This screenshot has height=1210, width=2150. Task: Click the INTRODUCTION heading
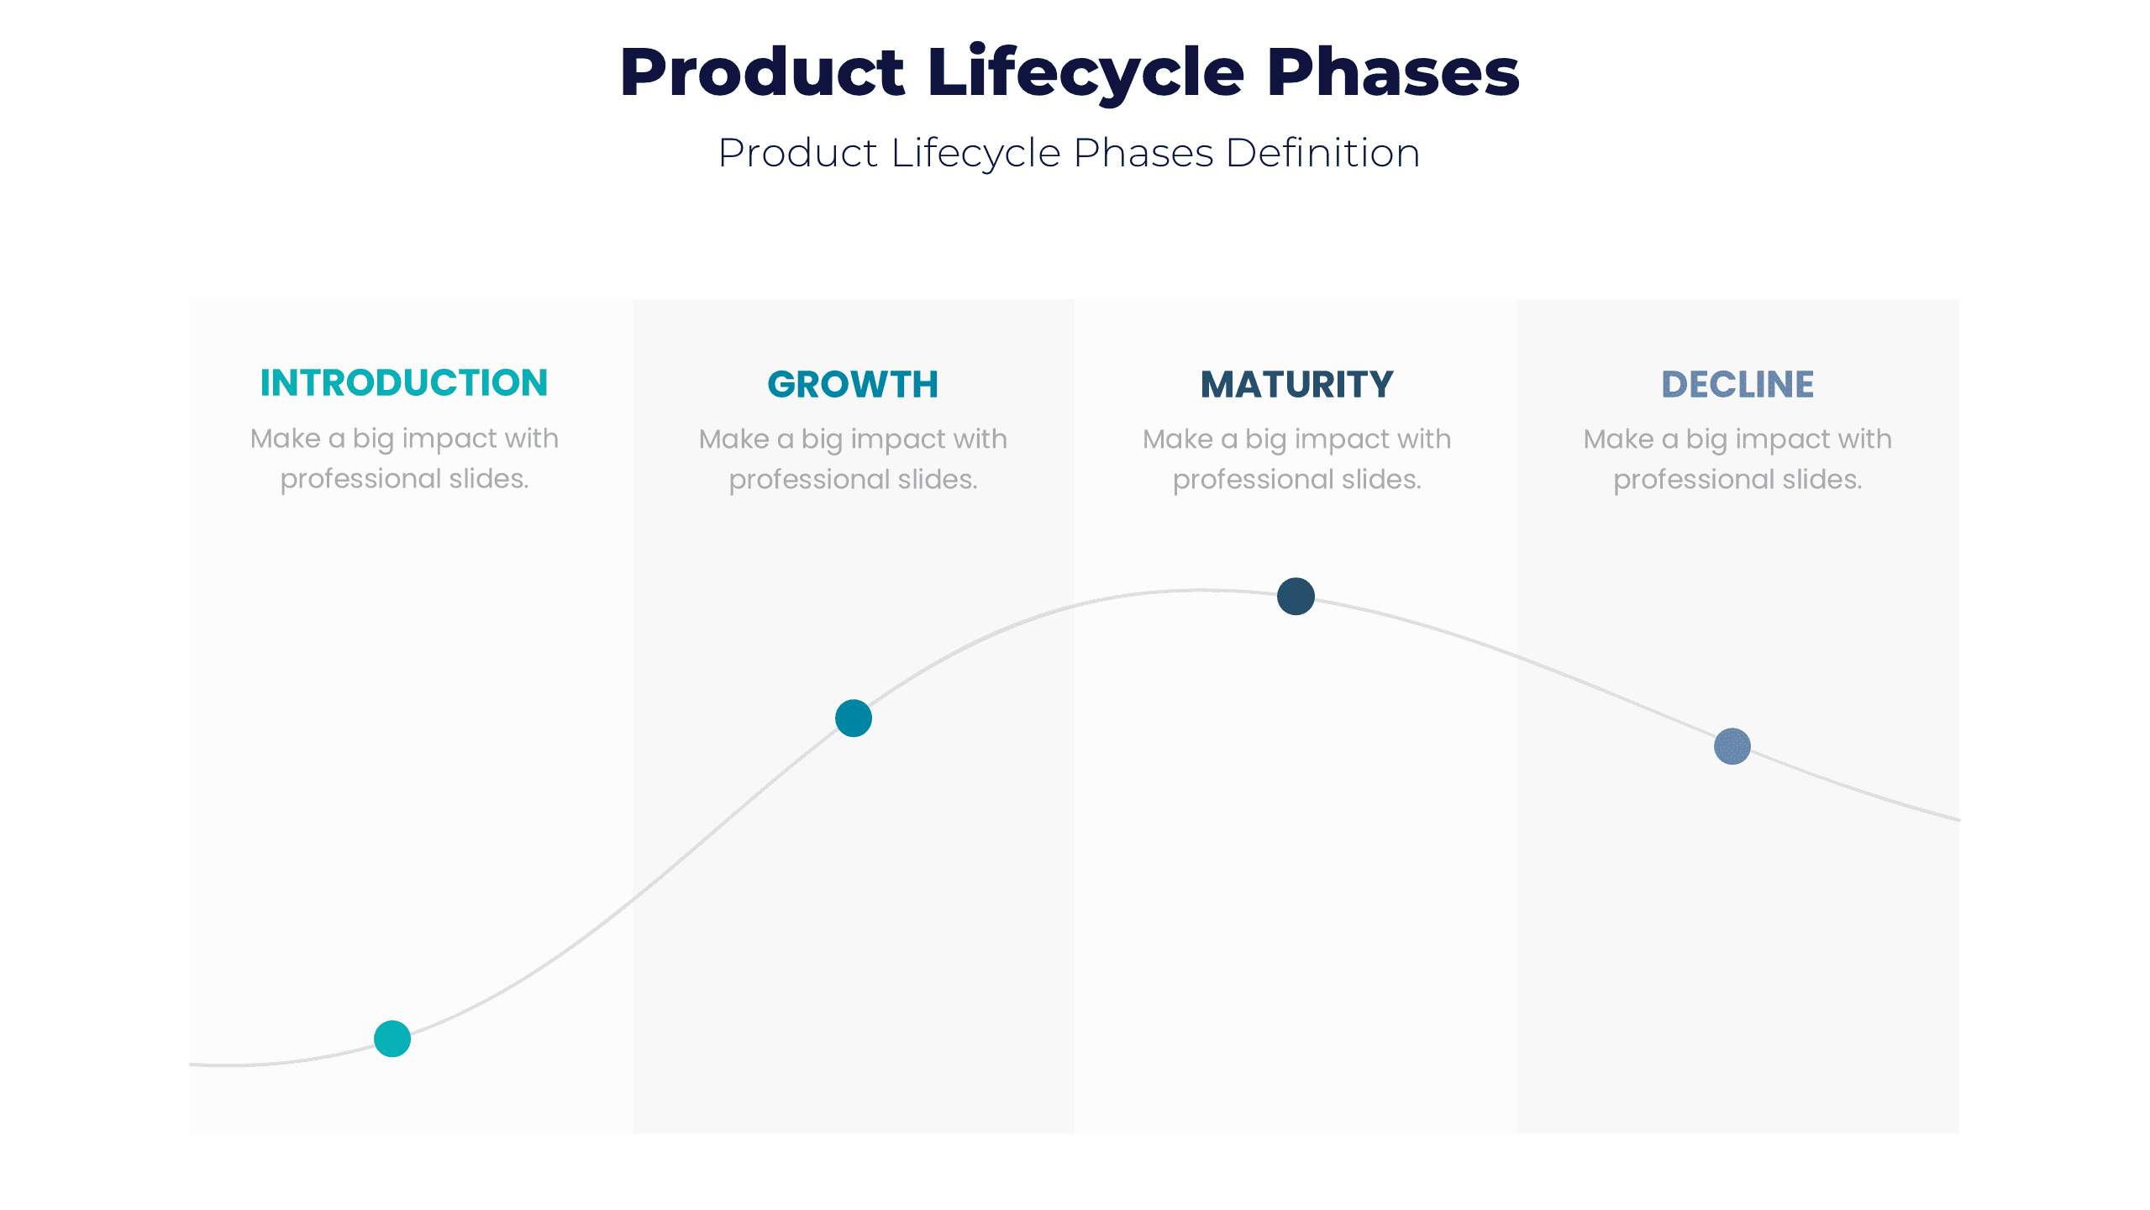pyautogui.click(x=403, y=383)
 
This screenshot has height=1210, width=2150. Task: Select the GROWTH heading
pyautogui.click(x=853, y=385)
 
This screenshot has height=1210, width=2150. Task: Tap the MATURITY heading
pyautogui.click(x=1296, y=385)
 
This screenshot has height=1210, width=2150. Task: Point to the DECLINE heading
pyautogui.click(x=1737, y=385)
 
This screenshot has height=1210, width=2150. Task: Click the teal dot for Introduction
pyautogui.click(x=392, y=1039)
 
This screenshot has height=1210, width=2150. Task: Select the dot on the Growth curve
pyautogui.click(x=854, y=718)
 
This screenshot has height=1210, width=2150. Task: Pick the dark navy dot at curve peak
pyautogui.click(x=1296, y=597)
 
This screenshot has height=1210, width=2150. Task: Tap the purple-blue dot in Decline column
pyautogui.click(x=1732, y=746)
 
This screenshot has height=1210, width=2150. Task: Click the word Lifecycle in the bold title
pyautogui.click(x=1086, y=74)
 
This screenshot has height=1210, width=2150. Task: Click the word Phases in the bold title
pyautogui.click(x=1392, y=74)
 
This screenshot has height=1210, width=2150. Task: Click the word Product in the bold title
pyautogui.click(x=762, y=74)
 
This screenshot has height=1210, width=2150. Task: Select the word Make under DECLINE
pyautogui.click(x=1618, y=439)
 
